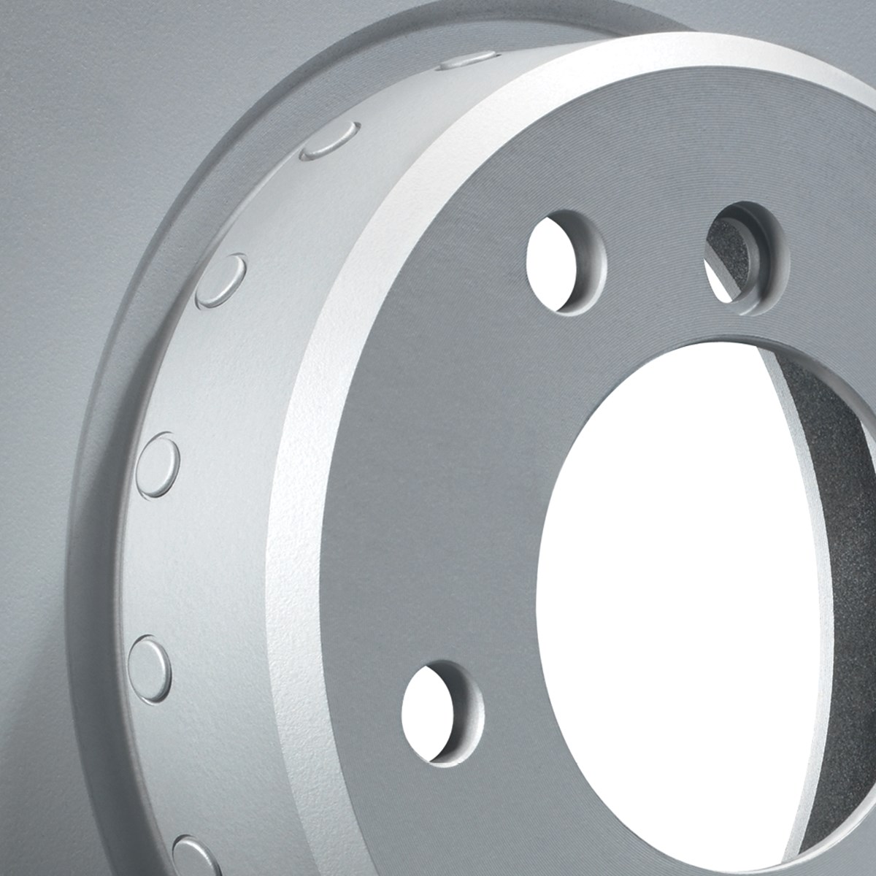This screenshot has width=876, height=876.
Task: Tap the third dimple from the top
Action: click(x=223, y=279)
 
